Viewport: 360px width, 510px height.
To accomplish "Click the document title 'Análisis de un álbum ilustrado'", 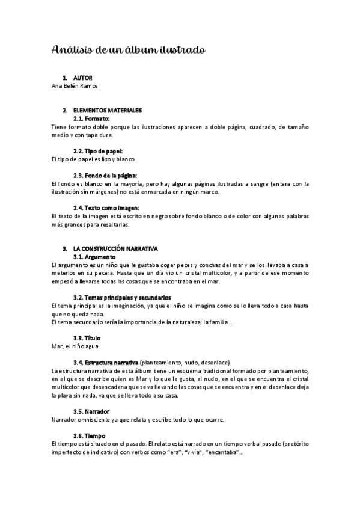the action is (129, 49).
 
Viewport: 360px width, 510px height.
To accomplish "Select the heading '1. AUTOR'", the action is (77, 78).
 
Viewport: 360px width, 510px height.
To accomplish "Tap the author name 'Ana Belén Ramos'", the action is (75, 86).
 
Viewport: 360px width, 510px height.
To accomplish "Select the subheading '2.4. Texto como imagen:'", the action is (105, 207).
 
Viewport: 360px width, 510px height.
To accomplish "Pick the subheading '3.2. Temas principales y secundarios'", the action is (122, 298).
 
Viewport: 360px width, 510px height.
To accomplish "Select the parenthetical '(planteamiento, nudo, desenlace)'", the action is (185, 363).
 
